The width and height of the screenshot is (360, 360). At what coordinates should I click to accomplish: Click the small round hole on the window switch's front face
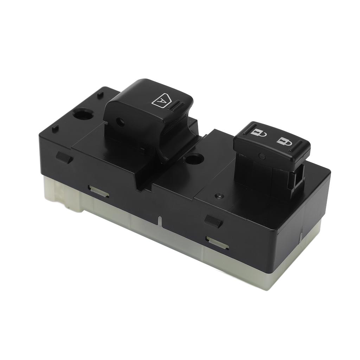coord(121,122)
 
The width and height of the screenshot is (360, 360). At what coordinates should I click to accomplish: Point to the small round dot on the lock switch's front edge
coord(261,155)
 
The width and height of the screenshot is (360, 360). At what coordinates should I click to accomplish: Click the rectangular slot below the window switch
coord(99,191)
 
